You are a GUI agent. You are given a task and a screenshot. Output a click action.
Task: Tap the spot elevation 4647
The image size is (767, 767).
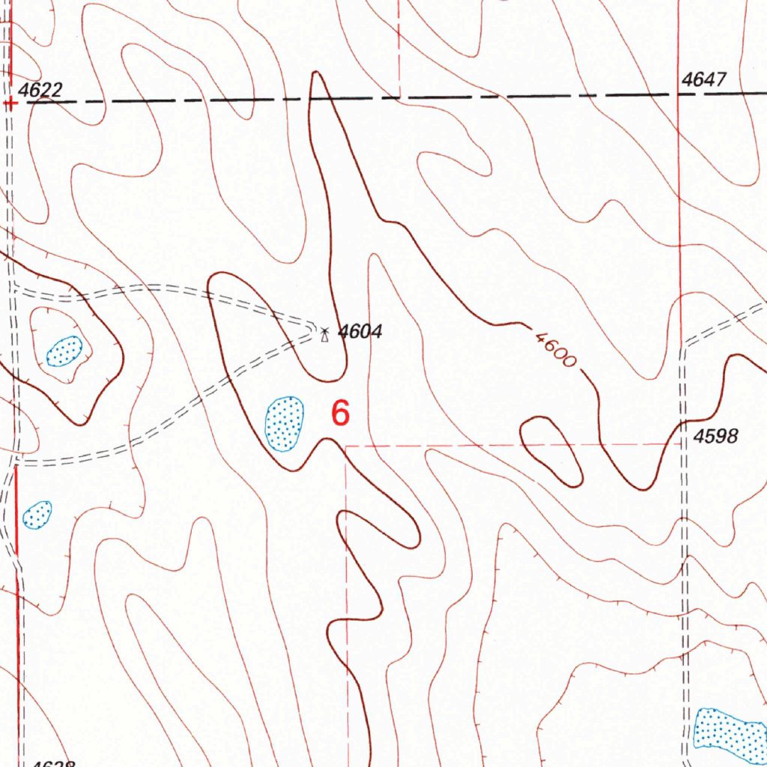click(704, 80)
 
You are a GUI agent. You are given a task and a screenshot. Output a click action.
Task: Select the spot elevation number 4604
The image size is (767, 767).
click(360, 331)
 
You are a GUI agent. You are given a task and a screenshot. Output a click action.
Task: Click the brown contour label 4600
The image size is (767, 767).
click(556, 348)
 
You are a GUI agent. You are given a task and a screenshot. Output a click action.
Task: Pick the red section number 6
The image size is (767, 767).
click(341, 413)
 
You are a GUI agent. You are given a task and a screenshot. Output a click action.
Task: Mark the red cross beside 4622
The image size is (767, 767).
click(10, 103)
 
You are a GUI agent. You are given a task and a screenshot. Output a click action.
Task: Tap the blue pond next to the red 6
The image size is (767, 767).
click(285, 424)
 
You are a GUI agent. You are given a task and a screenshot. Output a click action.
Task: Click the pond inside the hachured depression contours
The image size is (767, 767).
click(64, 351)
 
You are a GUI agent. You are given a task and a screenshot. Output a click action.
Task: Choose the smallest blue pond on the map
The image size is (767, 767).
click(37, 514)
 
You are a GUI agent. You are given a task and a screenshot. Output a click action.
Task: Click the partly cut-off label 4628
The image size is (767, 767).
click(52, 763)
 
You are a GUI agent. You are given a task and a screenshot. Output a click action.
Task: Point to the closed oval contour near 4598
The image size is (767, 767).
click(551, 449)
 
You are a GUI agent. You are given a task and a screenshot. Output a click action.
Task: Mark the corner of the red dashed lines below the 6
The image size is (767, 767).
click(347, 446)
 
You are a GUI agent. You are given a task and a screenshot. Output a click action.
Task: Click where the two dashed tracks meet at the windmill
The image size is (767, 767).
click(316, 327)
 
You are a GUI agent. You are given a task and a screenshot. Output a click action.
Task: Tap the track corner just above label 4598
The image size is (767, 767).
click(685, 345)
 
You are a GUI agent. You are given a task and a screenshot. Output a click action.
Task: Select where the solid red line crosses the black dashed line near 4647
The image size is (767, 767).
click(679, 95)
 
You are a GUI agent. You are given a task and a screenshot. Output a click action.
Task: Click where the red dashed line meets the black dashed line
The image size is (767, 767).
click(399, 97)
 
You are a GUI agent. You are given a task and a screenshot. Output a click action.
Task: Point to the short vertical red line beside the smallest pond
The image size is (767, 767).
click(16, 509)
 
